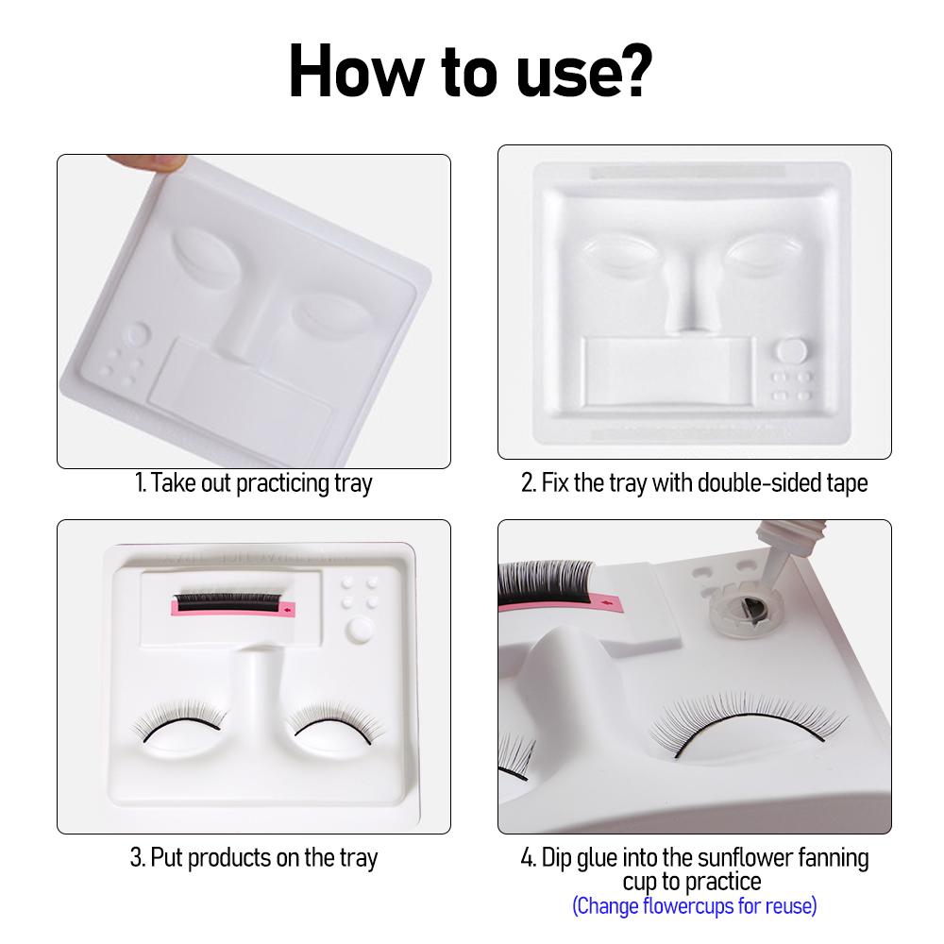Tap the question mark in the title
coord(632,70)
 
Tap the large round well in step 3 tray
coord(361,629)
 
